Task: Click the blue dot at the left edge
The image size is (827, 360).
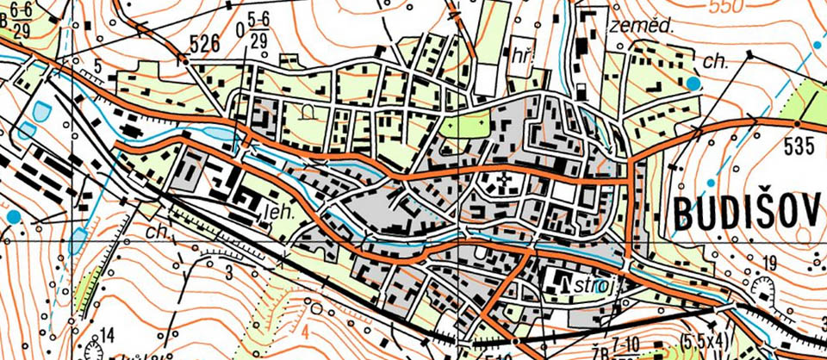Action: [13, 215]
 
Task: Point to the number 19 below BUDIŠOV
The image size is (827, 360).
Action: [769, 262]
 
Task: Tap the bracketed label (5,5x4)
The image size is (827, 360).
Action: [705, 339]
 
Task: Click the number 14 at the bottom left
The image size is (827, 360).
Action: [107, 334]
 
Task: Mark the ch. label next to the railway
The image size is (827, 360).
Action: [158, 233]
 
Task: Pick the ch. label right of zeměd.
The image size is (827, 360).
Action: [714, 61]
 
